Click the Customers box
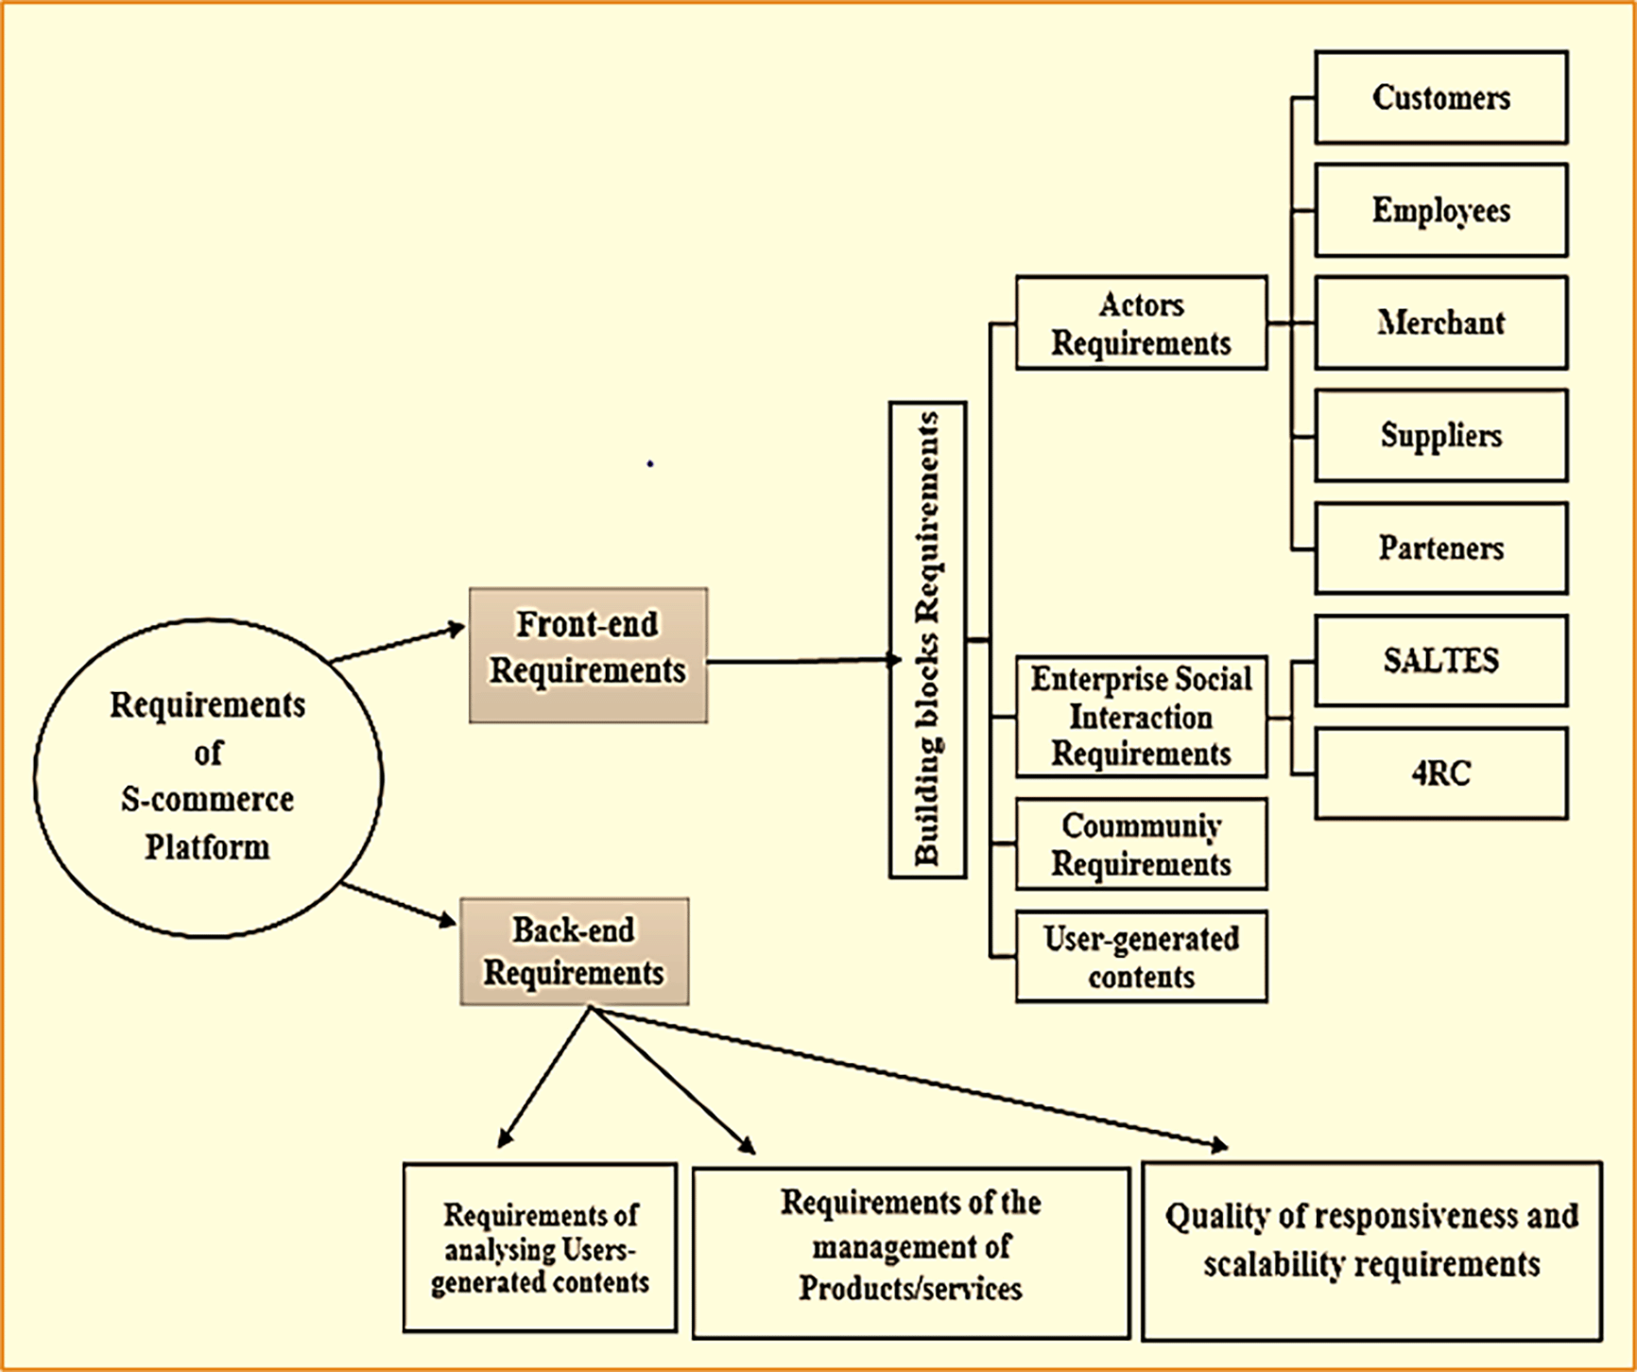click(1440, 97)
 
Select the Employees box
click(1440, 210)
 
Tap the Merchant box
click(1440, 322)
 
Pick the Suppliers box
click(1440, 435)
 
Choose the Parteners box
click(1440, 548)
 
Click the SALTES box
click(1440, 660)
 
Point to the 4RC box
click(1440, 773)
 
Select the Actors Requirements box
click(1141, 323)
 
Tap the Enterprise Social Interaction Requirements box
click(1141, 717)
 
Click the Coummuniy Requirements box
click(1141, 844)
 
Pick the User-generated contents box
click(1141, 957)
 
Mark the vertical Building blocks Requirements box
click(927, 640)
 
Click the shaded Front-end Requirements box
click(588, 655)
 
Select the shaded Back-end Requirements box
click(574, 951)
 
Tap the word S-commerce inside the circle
click(207, 800)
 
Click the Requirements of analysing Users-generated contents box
click(540, 1248)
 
